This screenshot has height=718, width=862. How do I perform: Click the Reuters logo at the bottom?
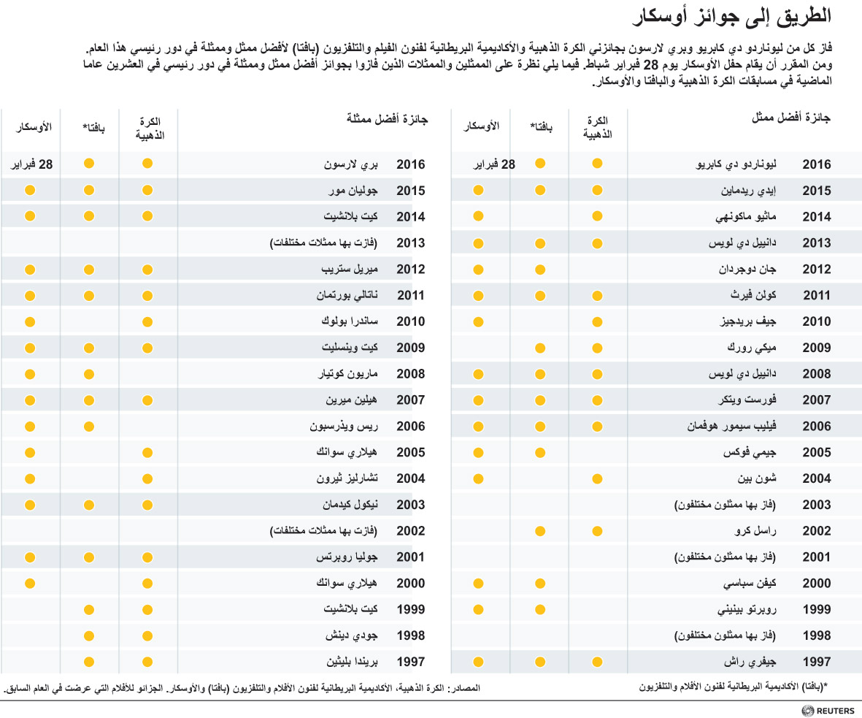828,711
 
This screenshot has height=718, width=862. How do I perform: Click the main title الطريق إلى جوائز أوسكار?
731,16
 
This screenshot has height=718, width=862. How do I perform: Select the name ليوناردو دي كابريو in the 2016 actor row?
736,164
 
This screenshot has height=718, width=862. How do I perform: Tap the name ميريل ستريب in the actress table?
350,270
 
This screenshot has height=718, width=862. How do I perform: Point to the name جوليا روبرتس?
347,557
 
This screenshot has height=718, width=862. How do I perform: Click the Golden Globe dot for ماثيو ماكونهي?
598,216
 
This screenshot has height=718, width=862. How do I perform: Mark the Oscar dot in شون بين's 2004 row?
478,478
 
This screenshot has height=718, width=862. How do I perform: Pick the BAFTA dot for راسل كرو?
540,532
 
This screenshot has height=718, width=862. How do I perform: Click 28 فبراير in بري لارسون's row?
32,164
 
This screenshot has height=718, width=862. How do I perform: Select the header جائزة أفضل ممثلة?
387,119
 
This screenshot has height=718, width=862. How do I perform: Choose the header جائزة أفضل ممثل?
791,118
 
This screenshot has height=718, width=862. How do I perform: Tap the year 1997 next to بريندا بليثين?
411,662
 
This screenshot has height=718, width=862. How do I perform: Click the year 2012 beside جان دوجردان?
817,270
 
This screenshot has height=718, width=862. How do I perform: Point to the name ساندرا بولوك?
350,322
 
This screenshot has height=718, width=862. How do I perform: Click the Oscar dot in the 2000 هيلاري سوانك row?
30,584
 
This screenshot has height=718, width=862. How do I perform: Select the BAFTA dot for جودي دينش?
89,636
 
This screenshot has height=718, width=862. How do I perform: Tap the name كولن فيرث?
753,295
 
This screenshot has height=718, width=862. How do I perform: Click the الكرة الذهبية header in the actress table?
150,129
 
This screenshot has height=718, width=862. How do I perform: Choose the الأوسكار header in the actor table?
482,126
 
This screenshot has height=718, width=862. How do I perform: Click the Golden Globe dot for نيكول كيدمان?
147,505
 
